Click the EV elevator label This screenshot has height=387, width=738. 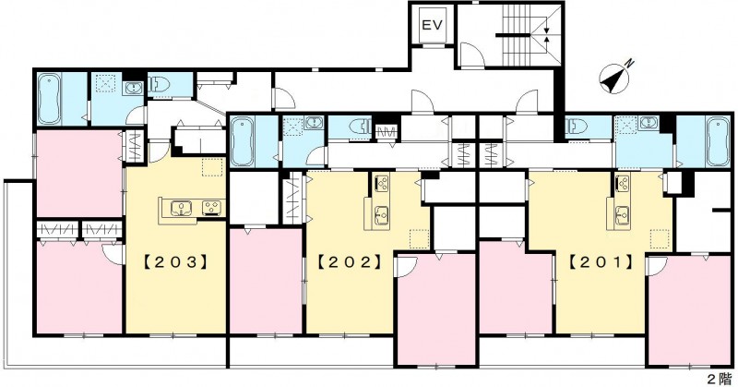(432, 25)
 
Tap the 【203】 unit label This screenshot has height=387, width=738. (175, 261)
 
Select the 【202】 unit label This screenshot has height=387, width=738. (350, 261)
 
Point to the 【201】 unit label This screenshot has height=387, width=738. (601, 261)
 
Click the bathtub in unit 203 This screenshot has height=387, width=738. (48, 99)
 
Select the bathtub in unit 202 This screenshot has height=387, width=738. (241, 141)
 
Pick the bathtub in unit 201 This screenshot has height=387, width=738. (718, 141)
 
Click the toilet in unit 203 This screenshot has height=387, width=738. (160, 84)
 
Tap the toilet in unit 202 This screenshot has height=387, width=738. (361, 127)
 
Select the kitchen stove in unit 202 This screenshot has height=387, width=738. (382, 182)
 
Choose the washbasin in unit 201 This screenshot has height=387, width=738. (649, 124)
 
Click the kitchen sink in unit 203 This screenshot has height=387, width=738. (181, 208)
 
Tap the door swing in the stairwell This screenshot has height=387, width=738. (471, 54)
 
